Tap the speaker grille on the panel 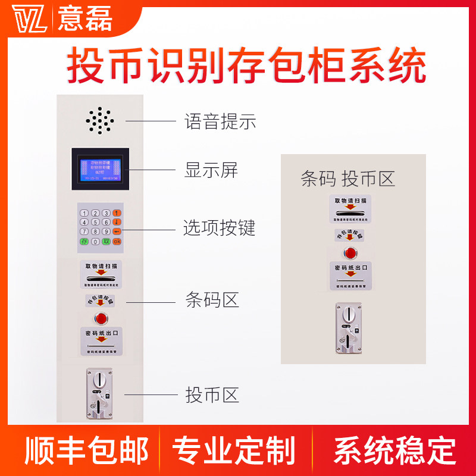coord(99,121)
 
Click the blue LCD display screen coord(97,168)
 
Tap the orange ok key coord(117,242)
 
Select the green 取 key coord(106,242)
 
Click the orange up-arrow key coord(117,213)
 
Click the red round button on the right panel coord(350,252)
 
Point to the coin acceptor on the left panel coord(100,392)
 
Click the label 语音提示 coord(220,123)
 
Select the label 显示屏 coord(211,171)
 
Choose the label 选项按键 coord(219,228)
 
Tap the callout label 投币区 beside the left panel coord(212,394)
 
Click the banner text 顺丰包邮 coord(86,450)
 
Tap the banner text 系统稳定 coord(394,450)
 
